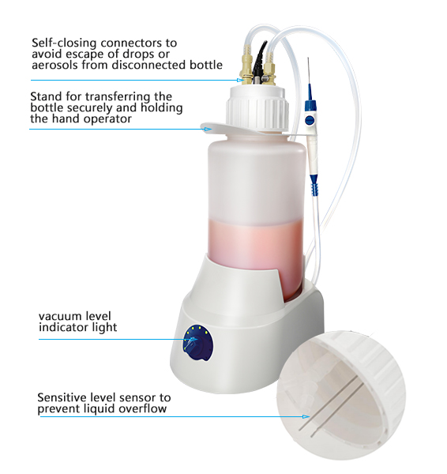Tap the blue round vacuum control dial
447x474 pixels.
[x=197, y=343]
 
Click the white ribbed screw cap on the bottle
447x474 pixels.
[x=257, y=109]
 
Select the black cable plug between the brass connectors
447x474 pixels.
[x=258, y=63]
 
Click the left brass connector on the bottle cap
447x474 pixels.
[x=246, y=66]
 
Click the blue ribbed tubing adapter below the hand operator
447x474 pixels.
[x=314, y=185]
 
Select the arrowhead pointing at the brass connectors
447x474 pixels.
[x=240, y=80]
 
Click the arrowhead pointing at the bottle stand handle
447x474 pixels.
[x=208, y=129]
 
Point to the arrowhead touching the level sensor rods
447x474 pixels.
[x=306, y=416]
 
